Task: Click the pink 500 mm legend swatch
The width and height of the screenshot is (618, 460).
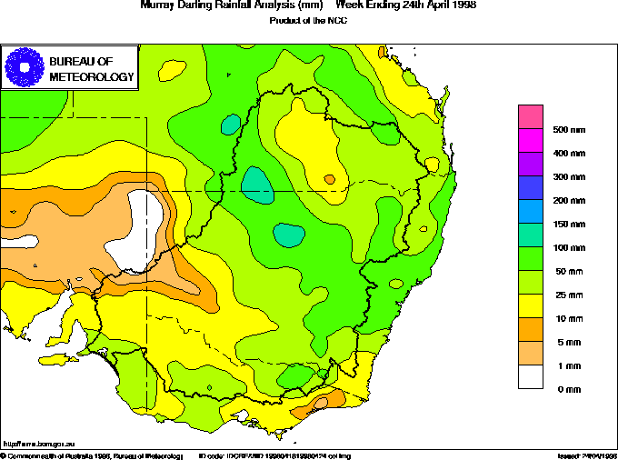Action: click(531, 117)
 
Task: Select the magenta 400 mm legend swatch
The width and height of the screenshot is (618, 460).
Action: click(531, 141)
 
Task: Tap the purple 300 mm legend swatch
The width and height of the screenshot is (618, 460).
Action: click(531, 165)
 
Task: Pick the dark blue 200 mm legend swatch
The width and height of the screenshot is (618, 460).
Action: click(531, 188)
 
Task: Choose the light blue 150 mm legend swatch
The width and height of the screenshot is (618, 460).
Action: click(531, 212)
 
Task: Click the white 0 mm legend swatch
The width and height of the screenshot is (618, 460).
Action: click(531, 376)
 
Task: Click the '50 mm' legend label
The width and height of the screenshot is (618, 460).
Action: click(567, 271)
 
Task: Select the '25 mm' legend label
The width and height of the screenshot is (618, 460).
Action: click(567, 295)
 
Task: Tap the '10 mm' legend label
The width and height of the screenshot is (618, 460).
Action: click(567, 318)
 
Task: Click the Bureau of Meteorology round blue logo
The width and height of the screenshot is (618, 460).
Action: click(25, 66)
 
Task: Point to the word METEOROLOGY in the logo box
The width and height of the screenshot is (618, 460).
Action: click(91, 76)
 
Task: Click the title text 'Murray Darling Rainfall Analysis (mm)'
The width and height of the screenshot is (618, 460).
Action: click(230, 5)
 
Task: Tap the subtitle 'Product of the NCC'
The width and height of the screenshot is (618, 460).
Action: click(309, 19)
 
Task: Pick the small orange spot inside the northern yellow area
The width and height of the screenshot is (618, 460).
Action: click(329, 179)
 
